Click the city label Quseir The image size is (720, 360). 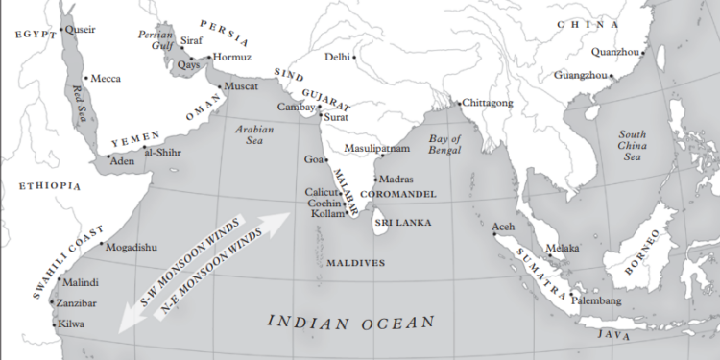tap(81, 29)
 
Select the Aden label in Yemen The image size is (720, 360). tap(123, 161)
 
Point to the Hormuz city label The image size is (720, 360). tap(231, 57)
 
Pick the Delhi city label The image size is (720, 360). tap(336, 57)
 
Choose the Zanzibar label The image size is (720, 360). tap(80, 302)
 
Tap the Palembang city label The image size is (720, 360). tap(596, 300)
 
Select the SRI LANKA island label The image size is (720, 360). tap(403, 222)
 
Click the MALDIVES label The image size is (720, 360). tap(355, 262)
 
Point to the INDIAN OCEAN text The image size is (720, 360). tap(350, 323)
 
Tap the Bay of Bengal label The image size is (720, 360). tap(445, 145)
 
